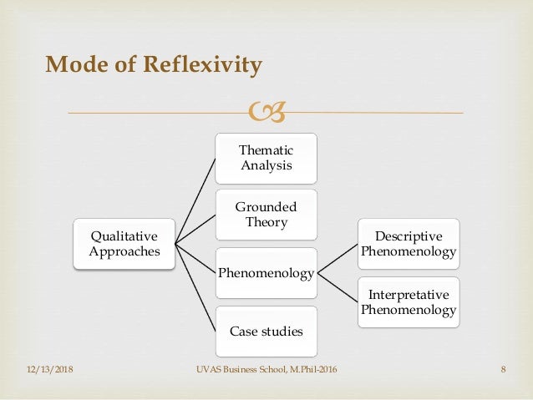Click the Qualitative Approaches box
click(x=124, y=244)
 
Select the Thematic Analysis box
click(x=266, y=158)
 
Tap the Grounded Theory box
click(x=266, y=215)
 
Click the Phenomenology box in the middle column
click(x=266, y=272)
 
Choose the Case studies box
click(x=266, y=331)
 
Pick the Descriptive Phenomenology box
click(x=409, y=243)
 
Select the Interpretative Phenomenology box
click(x=409, y=301)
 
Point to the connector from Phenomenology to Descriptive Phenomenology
click(x=338, y=257)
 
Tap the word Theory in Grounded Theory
click(x=266, y=222)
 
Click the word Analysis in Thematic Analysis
click(x=266, y=165)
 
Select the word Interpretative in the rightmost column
click(x=409, y=295)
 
